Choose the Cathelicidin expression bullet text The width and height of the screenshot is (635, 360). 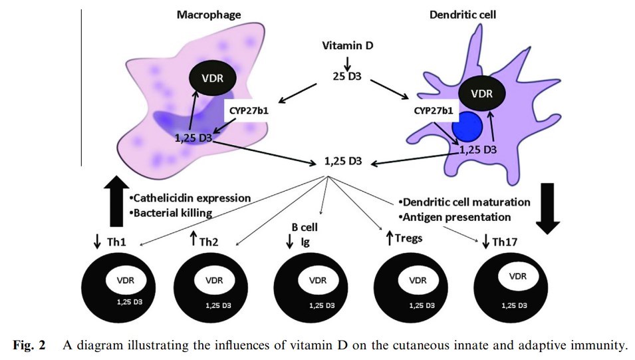tap(191, 198)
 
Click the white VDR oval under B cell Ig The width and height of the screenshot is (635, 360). tap(318, 280)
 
